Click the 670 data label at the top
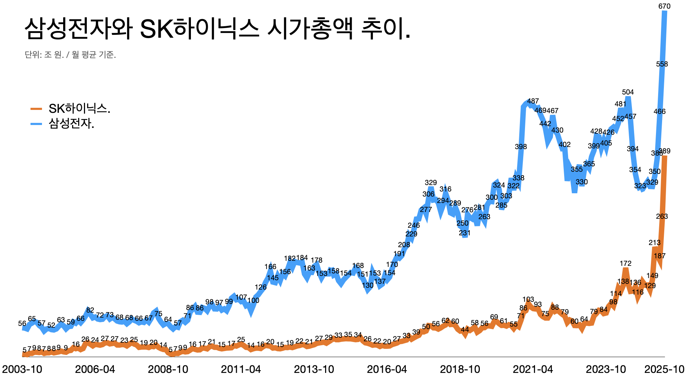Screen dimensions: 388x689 [x=664, y=6]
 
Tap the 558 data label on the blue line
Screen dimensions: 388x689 [x=662, y=64]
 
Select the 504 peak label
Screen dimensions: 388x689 [x=628, y=92]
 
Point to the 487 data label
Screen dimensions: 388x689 [x=533, y=101]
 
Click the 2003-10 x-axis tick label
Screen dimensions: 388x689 [x=22, y=369]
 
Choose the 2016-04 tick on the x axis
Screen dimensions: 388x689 [x=387, y=369]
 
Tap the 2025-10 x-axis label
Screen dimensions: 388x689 [x=664, y=369]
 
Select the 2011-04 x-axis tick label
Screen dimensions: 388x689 [x=241, y=369]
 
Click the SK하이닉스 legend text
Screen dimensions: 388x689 [x=79, y=108]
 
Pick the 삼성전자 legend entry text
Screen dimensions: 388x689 [x=71, y=124]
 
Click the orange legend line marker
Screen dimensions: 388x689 [x=37, y=109]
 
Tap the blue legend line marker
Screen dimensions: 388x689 [x=37, y=124]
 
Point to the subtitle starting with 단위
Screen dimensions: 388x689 [x=70, y=55]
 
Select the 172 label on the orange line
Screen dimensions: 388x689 [x=625, y=263]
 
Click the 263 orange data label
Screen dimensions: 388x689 [x=662, y=216]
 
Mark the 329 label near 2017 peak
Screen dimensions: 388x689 [x=431, y=183]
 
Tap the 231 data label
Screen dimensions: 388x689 [x=464, y=233]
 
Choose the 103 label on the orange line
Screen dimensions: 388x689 [x=528, y=299]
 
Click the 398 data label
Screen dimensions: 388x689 [x=521, y=147]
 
